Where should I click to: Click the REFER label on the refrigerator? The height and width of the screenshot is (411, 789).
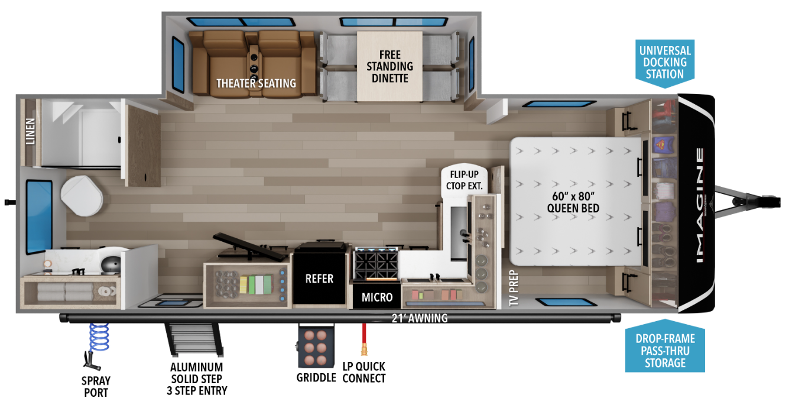click(319, 279)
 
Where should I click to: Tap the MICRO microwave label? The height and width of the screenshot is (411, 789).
click(377, 297)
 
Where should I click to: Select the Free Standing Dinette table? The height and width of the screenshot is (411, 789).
click(389, 66)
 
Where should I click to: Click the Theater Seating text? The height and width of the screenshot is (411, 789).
click(256, 83)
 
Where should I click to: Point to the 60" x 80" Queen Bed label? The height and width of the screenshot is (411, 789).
click(573, 202)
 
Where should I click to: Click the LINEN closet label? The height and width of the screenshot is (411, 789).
click(31, 131)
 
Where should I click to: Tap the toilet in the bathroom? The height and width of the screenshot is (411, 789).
click(82, 196)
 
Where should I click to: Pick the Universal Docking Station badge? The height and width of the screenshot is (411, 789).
click(665, 63)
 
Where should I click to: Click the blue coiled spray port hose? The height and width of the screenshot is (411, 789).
click(99, 337)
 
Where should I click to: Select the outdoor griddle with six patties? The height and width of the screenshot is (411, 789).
click(316, 346)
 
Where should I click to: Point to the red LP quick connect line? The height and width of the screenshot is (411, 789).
click(364, 339)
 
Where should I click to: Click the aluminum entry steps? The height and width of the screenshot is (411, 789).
click(193, 339)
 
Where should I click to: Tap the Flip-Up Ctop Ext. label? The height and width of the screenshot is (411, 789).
click(465, 180)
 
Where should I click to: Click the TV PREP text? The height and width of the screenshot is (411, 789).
click(514, 288)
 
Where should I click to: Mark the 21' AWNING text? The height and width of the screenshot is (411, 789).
click(420, 319)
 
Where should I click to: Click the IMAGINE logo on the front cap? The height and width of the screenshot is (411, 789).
click(700, 205)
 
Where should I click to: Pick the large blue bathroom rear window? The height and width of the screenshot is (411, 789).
click(39, 217)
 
